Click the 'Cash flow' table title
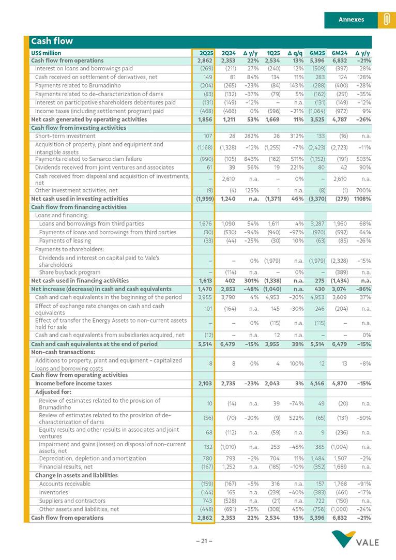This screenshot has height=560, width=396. coord(52,41)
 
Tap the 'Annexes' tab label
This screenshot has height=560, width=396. coord(351,20)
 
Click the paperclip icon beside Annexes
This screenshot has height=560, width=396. coord(386,20)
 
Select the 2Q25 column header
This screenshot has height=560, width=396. coord(206,53)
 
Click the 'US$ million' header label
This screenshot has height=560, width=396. coord(46,53)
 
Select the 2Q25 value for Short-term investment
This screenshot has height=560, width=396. coord(207,136)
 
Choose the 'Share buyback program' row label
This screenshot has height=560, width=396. coord(69,272)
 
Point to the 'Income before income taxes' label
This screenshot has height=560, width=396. coord(73,384)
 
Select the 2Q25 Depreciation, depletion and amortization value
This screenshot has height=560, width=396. coord(206,458)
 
